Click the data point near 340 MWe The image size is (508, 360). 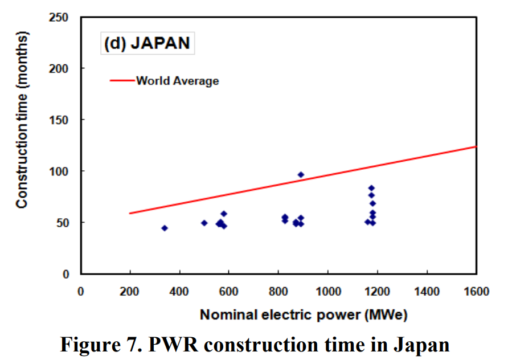pos(165,228)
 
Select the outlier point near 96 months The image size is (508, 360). pos(301,174)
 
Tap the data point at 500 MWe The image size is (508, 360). pos(204,223)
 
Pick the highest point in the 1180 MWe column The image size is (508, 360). pos(371,188)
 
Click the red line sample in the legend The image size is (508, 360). pos(122,81)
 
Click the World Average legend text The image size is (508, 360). pos(177,81)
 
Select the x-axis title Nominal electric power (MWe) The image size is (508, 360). pos(304,314)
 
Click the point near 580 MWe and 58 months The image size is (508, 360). pos(224,214)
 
